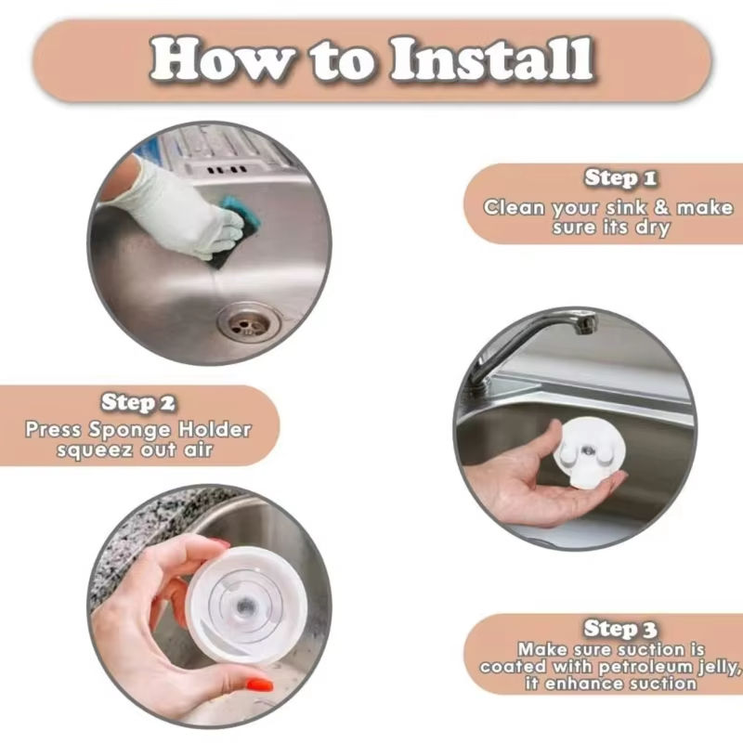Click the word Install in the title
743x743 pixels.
tap(492, 59)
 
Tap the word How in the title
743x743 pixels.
tap(221, 59)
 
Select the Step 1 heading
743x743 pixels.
tap(620, 178)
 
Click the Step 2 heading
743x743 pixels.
tap(137, 402)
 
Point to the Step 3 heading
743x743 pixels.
tap(620, 629)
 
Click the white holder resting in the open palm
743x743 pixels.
tap(588, 450)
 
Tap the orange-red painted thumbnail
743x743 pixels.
tap(260, 685)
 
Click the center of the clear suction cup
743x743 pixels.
tap(245, 606)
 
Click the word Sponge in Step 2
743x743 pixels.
tap(130, 430)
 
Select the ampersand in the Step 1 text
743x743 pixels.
tap(661, 207)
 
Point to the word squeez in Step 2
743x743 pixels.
tap(95, 450)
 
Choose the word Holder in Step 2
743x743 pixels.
tap(215, 429)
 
